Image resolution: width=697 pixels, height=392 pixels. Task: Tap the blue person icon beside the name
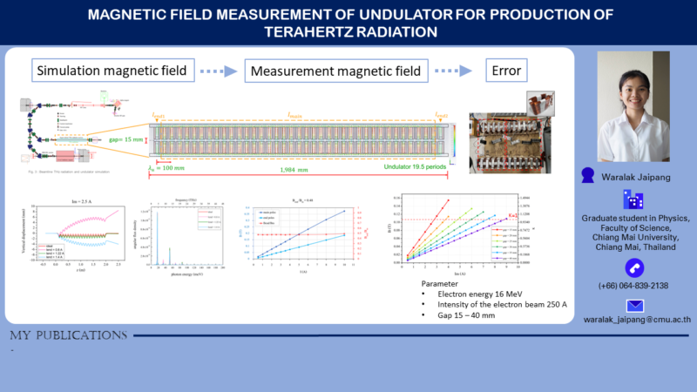(x=588, y=175)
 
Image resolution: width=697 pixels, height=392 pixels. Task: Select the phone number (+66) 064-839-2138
(x=633, y=286)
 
